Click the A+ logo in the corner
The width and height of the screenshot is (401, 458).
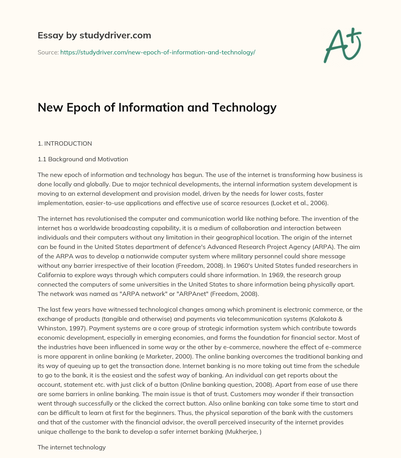[x=342, y=45]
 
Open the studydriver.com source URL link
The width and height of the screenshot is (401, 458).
[x=157, y=52]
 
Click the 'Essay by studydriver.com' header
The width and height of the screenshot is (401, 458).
[x=94, y=35]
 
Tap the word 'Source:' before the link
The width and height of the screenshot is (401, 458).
[x=48, y=52]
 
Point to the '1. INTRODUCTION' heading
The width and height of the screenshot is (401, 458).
[x=65, y=143]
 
